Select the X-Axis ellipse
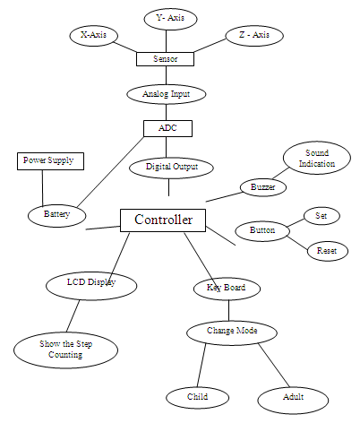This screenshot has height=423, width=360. point(94,35)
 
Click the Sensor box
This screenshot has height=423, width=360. point(165,59)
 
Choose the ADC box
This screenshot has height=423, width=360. point(167,128)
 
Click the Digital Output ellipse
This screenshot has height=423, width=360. point(170,166)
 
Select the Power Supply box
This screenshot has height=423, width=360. point(51,161)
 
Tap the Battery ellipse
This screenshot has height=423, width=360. point(56,215)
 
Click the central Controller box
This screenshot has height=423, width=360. point(163,220)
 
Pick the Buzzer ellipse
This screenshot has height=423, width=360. point(262,187)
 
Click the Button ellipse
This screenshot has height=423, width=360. point(261,230)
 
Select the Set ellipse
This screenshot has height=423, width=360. point(321,216)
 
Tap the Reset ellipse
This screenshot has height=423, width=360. point(327,251)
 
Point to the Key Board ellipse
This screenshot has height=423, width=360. point(227,289)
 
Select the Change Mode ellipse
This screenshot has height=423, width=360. point(232,332)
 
